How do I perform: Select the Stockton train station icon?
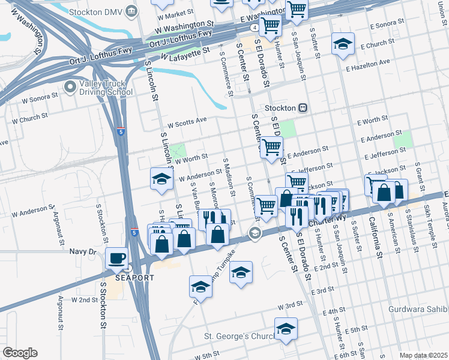tap(303, 108)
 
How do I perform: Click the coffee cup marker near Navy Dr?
tap(116, 259)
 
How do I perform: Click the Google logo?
tap(20, 352)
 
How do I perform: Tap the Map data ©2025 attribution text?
tap(423, 355)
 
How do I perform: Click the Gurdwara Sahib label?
tap(423, 308)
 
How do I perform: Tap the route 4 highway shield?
tap(256, 28)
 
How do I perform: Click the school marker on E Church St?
tap(343, 44)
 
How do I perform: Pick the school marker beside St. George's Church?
tap(286, 329)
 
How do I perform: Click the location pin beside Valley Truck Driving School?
tap(71, 88)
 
